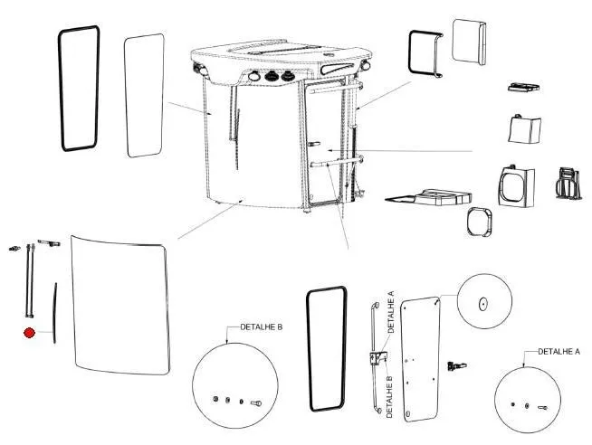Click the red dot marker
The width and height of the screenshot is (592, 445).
point(29,334)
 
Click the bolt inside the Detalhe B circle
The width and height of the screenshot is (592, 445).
point(255,402)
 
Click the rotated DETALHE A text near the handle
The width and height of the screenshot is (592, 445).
point(392,313)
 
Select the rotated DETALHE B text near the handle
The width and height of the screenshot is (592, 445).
point(390,395)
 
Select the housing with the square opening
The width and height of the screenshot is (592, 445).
point(515,185)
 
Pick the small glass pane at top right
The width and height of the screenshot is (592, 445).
point(470,42)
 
